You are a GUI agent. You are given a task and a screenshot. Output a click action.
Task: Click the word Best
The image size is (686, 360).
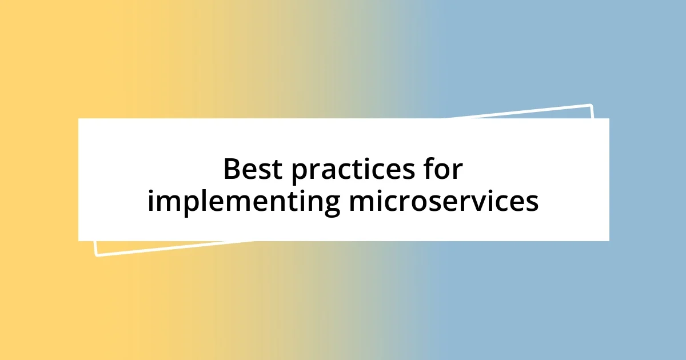[x=253, y=169]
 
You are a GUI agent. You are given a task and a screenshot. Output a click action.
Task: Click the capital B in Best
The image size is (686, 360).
[x=232, y=169]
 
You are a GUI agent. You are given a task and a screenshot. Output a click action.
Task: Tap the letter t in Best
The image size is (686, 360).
[x=278, y=169]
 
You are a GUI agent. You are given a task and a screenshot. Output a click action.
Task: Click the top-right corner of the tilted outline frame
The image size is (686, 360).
[x=591, y=106]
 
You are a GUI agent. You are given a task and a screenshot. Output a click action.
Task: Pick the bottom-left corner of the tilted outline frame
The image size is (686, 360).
[x=96, y=255]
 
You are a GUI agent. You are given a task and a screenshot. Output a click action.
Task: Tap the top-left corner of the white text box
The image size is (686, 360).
[x=78, y=118]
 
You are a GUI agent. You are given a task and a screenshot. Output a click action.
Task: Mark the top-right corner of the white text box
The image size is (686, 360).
[x=609, y=118]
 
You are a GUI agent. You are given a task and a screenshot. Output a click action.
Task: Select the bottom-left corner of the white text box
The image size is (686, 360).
[x=78, y=241]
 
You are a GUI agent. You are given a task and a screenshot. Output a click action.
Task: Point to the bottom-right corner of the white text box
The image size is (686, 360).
[x=609, y=241]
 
